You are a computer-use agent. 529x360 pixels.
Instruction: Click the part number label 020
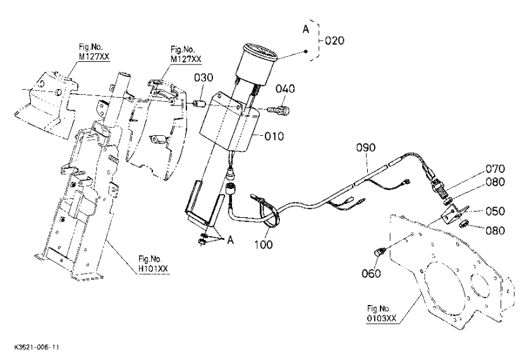click(335, 41)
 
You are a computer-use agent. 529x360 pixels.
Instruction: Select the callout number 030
click(204, 78)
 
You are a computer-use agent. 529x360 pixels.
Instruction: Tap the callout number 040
click(285, 89)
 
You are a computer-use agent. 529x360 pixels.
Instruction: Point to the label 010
click(274, 136)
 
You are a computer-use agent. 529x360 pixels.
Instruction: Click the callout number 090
click(366, 148)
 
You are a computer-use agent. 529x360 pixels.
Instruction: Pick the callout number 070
click(496, 169)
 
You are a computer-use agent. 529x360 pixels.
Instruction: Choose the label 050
click(496, 212)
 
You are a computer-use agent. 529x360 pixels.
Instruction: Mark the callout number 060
click(371, 273)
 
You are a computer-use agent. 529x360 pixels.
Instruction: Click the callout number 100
click(264, 244)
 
